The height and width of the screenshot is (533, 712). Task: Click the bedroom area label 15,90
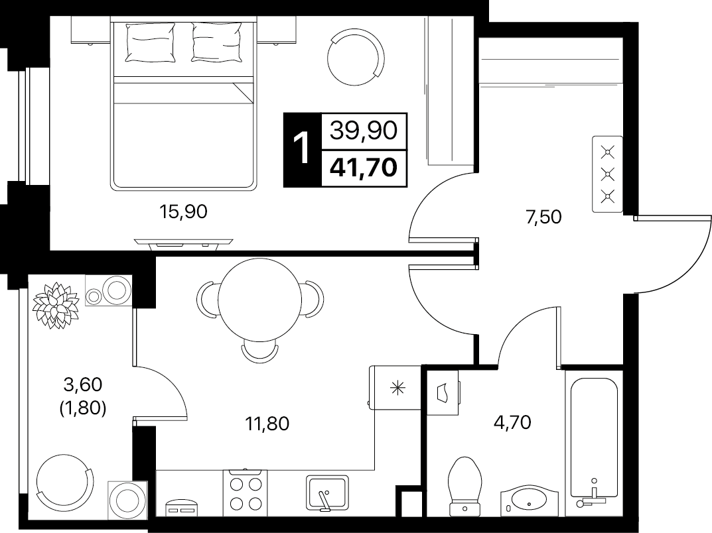coord(183,211)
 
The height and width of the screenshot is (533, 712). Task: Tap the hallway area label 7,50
coord(543,217)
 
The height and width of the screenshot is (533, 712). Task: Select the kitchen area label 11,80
coord(267,424)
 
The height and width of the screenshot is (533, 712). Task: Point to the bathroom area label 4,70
coord(512,422)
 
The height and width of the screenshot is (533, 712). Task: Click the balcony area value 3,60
coord(83,385)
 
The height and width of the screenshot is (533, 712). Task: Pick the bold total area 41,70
coord(364,168)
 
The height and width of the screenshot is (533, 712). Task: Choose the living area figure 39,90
coord(364,131)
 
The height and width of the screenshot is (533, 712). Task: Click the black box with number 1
coord(302,150)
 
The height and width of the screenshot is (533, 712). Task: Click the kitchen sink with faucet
coord(327,493)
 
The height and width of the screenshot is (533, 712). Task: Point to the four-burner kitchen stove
coord(246,493)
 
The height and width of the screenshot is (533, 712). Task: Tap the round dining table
coord(259,300)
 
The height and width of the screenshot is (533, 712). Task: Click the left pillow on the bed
coord(151,42)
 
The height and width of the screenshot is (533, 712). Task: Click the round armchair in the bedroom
coord(356,57)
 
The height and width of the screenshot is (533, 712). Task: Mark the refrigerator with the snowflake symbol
coord(395,388)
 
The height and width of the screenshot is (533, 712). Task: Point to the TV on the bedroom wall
coord(183,243)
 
